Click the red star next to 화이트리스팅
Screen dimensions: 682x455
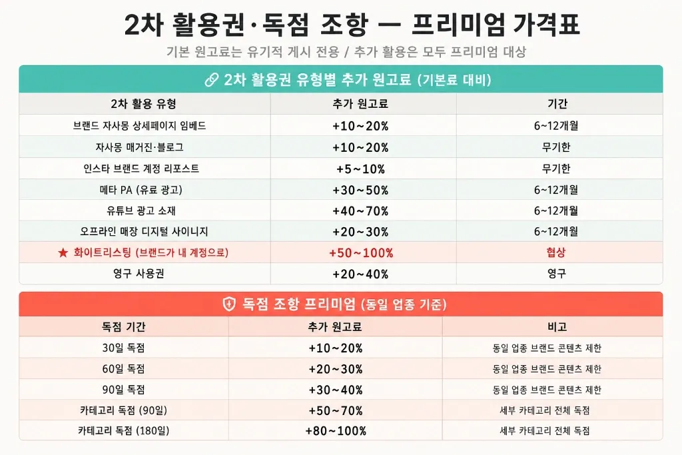pyautogui.click(x=63, y=252)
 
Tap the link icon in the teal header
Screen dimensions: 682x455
pyautogui.click(x=212, y=80)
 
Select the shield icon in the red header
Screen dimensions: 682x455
pyautogui.click(x=229, y=304)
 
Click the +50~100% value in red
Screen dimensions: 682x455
pyautogui.click(x=361, y=253)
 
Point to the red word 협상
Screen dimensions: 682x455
pyautogui.click(x=556, y=252)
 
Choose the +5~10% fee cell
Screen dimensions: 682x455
pyautogui.click(x=360, y=169)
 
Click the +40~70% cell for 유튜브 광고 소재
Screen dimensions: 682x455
pyautogui.click(x=360, y=211)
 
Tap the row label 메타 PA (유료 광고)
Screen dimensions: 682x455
pyautogui.click(x=141, y=190)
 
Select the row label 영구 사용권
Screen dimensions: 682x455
pyautogui.click(x=139, y=274)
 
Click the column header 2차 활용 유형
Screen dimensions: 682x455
pyautogui.click(x=144, y=104)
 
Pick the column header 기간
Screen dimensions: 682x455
pyautogui.click(x=557, y=103)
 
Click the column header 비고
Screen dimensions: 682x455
pyautogui.click(x=557, y=326)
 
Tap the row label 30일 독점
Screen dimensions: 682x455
pyautogui.click(x=123, y=348)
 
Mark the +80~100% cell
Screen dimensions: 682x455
pyautogui.click(x=336, y=431)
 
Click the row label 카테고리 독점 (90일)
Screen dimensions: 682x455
pyautogui.click(x=123, y=410)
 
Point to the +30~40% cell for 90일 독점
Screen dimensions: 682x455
pyautogui.click(x=336, y=390)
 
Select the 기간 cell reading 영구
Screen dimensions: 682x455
pyautogui.click(x=557, y=274)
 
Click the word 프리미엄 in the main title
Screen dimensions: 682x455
pyautogui.click(x=458, y=25)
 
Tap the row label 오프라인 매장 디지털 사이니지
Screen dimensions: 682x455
pyautogui.click(x=144, y=231)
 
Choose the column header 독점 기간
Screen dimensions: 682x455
pyautogui.click(x=123, y=326)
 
